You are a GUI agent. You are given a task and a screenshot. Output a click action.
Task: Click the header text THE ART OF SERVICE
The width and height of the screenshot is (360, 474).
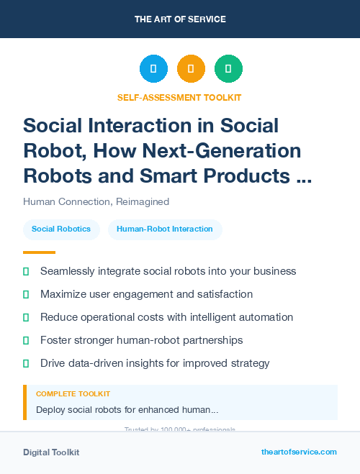point(180,19)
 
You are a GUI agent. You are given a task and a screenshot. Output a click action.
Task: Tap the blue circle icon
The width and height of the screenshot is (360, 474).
point(153,69)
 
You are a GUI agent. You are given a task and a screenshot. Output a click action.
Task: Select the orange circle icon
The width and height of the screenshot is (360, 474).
point(191,69)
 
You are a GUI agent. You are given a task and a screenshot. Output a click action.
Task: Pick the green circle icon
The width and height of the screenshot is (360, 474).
point(228,69)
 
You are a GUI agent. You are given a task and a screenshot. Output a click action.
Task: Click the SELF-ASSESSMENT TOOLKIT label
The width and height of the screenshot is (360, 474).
point(179,97)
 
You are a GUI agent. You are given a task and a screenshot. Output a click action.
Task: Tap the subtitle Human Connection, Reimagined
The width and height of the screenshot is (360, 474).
point(96,201)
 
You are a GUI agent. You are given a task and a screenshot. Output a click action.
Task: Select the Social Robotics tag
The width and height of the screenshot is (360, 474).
point(61,229)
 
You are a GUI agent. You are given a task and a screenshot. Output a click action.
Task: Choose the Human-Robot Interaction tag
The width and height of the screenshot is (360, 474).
point(165,229)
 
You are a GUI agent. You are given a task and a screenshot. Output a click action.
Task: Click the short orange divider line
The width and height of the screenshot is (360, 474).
point(39,252)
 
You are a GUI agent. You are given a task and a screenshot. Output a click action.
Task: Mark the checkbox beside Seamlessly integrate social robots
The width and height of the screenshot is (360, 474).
point(26,272)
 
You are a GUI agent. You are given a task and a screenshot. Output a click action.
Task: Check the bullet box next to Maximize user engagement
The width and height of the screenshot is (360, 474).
point(26,295)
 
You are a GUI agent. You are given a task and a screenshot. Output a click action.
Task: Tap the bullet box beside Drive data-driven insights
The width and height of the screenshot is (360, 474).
point(26,363)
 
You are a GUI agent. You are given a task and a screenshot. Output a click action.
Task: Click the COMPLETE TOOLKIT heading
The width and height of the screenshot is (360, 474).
point(73,394)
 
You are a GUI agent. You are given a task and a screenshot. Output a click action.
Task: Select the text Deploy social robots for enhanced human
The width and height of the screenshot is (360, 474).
point(127,410)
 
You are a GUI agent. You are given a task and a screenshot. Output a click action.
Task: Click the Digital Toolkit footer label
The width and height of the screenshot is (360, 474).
point(51,452)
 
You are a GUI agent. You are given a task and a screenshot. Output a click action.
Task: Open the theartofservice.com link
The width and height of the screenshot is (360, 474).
point(299,452)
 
